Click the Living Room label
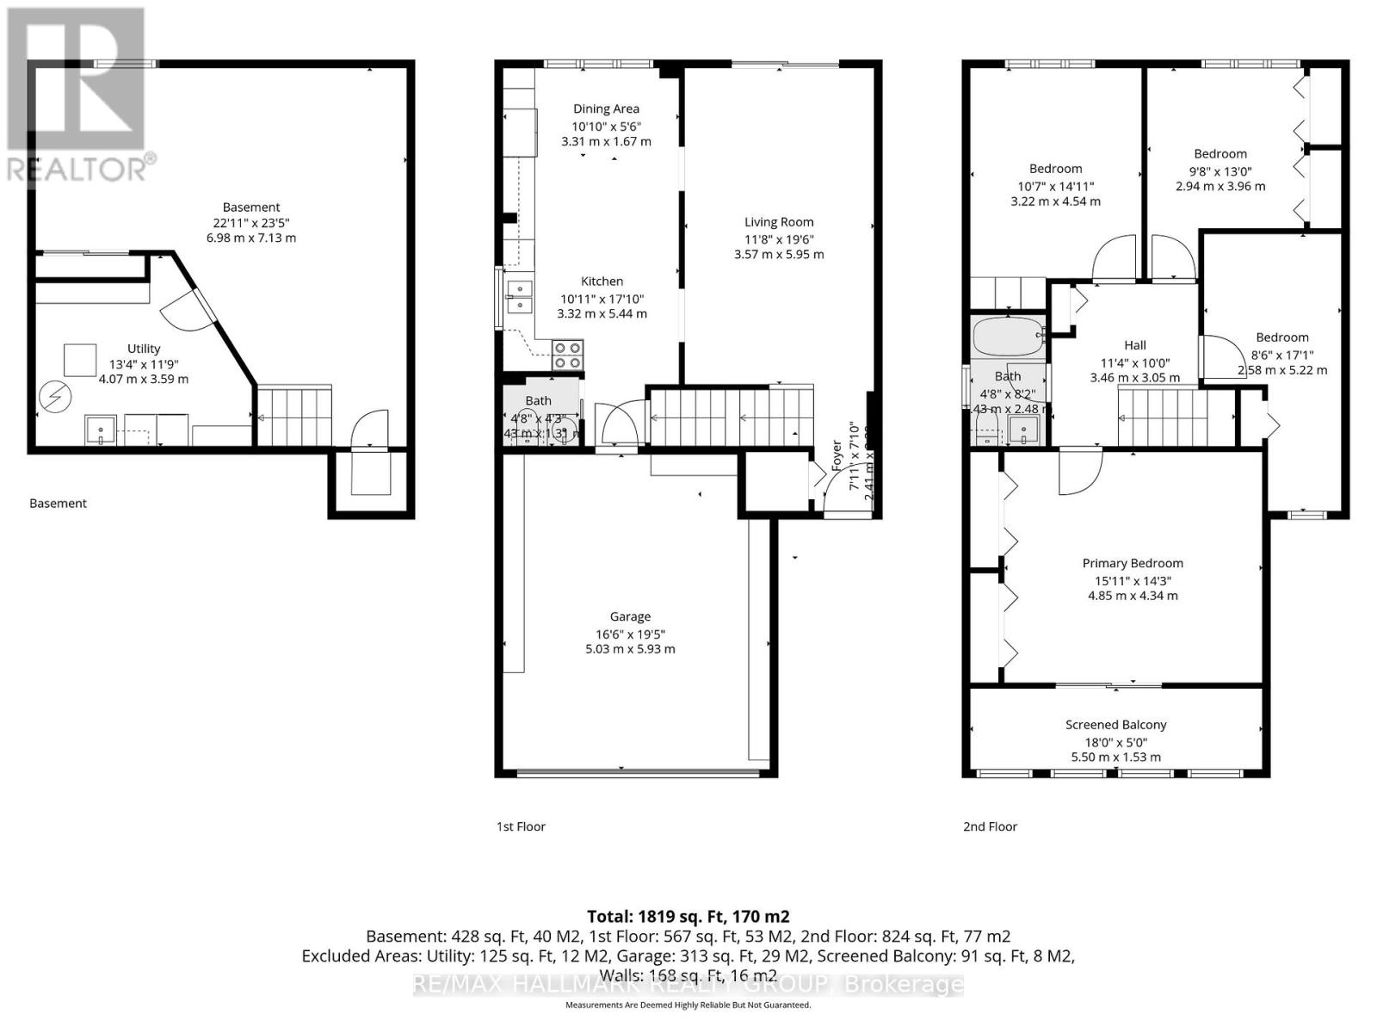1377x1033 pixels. coord(779,222)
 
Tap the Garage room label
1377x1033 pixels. coord(630,616)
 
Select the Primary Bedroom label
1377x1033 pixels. coord(1133,563)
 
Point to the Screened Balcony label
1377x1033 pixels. coord(1115,725)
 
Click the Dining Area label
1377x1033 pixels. coord(606,108)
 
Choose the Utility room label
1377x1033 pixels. coord(144,349)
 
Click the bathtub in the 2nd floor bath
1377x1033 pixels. coord(1007,337)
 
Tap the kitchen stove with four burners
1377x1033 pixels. coord(567,354)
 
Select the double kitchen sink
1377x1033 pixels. coord(519,295)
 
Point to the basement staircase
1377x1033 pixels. coord(295,416)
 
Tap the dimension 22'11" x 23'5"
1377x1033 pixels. coord(251,222)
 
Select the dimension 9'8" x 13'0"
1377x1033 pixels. coord(1220,170)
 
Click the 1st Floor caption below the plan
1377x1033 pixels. coord(521,826)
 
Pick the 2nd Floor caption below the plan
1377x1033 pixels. coord(990,826)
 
